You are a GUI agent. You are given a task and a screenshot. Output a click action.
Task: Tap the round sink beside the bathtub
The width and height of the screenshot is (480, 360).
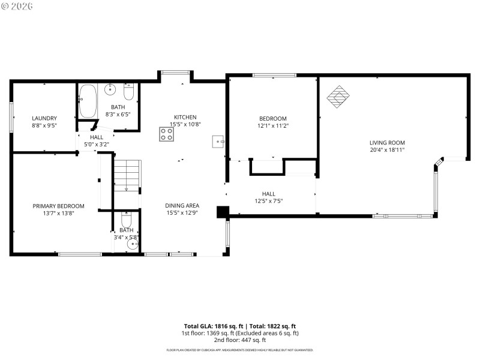(x=110, y=91)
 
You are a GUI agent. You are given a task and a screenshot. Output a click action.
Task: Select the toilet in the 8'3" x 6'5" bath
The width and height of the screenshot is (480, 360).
(x=128, y=93)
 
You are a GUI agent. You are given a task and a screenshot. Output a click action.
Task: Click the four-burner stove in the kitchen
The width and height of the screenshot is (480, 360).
(x=167, y=134)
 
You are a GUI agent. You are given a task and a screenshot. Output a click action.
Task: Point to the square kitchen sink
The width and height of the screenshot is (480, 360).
(x=217, y=142)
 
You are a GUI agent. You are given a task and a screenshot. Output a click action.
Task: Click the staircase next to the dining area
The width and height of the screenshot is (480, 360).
(x=127, y=175)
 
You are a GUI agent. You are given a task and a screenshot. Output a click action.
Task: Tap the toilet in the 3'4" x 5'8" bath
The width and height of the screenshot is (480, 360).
(x=126, y=219)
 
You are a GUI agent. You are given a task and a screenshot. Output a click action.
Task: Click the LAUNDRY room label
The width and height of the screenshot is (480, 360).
(x=44, y=118)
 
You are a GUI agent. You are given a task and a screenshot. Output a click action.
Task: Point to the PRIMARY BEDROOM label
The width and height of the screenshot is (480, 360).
(x=58, y=206)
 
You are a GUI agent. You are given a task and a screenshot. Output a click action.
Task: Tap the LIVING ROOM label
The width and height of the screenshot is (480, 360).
(x=387, y=142)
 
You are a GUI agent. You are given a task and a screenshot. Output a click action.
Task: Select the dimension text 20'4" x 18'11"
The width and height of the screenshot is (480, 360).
(x=387, y=149)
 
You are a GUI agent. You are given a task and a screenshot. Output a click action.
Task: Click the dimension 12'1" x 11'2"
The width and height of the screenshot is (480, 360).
(x=273, y=126)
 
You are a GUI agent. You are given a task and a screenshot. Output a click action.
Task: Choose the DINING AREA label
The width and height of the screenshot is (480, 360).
(x=182, y=205)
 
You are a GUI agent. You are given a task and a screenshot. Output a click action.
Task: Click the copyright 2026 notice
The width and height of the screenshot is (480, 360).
(x=17, y=6)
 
